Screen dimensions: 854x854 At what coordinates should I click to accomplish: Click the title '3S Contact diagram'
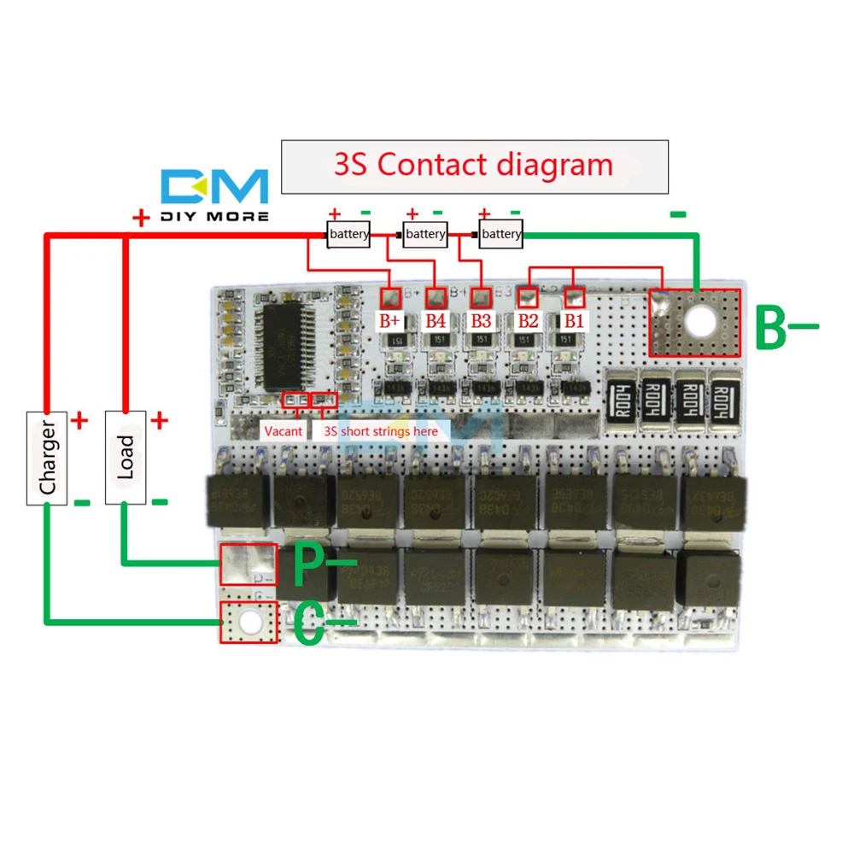click(474, 165)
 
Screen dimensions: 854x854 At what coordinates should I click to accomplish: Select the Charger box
click(47, 457)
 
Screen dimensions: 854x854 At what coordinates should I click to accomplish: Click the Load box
click(126, 457)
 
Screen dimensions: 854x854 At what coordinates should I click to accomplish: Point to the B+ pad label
click(390, 321)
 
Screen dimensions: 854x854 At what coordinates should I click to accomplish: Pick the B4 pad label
click(436, 321)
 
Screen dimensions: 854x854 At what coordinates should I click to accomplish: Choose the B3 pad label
click(481, 321)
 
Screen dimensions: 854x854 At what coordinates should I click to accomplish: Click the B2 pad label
click(527, 321)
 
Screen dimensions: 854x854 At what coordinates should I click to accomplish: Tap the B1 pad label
click(572, 321)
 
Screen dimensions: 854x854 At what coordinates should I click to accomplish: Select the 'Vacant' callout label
click(283, 431)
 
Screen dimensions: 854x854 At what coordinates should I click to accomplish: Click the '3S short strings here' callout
click(381, 431)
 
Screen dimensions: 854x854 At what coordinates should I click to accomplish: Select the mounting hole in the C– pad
click(249, 623)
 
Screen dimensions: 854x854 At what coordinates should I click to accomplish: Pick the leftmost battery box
click(348, 234)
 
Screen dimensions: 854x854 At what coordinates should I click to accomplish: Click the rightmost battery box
click(500, 234)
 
